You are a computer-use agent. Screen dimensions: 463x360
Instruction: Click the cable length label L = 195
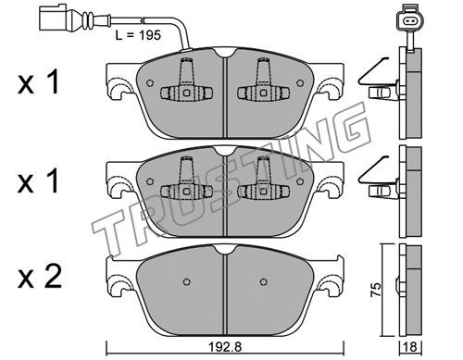(138, 35)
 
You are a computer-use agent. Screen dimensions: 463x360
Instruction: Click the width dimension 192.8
(225, 347)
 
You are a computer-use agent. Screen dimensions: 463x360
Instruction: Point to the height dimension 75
(376, 290)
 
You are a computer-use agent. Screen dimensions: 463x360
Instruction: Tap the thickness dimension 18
(411, 347)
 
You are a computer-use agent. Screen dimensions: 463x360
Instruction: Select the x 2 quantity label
(40, 277)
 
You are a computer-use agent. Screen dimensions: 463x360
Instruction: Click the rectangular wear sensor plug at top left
(53, 19)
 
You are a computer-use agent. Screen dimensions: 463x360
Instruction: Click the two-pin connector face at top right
(410, 19)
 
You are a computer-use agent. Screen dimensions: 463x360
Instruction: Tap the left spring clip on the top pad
(186, 81)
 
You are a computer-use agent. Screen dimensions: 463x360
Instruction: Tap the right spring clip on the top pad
(263, 81)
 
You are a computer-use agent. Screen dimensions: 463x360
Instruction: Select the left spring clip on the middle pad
(186, 180)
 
